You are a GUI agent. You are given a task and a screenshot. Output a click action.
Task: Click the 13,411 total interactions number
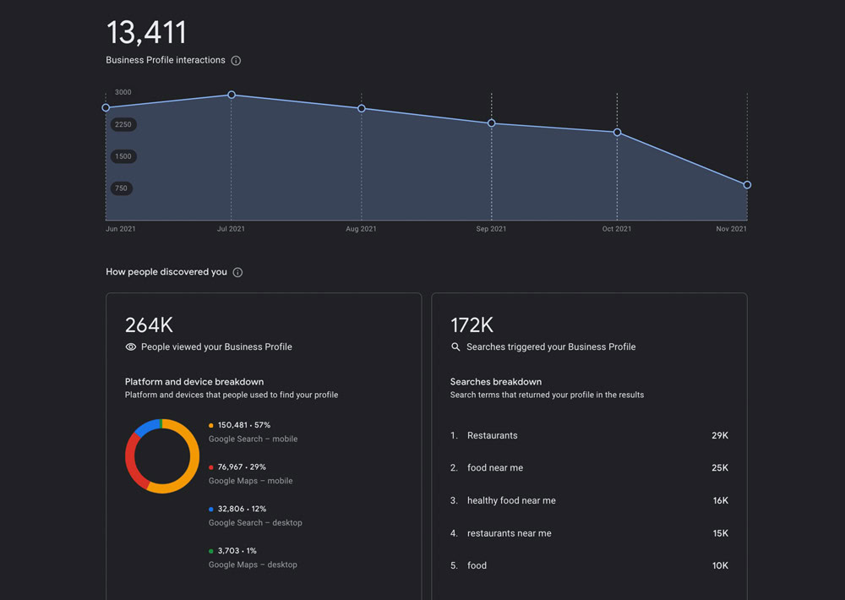point(146,33)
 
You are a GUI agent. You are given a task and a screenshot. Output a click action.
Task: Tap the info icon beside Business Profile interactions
point(236,61)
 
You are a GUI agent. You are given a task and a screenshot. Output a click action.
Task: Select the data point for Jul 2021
point(232,95)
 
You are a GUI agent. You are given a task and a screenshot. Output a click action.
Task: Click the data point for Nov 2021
point(747,185)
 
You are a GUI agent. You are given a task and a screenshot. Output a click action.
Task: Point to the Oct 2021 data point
point(617,133)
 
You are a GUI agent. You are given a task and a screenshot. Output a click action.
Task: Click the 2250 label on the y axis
point(123,124)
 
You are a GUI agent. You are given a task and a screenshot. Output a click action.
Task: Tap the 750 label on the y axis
point(122,188)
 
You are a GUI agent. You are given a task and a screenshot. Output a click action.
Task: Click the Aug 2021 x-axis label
point(361,229)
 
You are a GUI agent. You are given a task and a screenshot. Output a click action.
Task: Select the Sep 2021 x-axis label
point(491,229)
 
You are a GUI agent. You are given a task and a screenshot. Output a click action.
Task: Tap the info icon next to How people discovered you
point(237,272)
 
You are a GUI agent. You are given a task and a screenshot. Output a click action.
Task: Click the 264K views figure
point(149,325)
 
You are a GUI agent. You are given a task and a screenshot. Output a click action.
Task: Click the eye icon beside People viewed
point(131,346)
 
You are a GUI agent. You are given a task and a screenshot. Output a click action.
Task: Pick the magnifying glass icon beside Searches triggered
point(456,346)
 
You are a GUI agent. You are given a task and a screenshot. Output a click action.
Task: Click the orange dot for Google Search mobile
point(211,425)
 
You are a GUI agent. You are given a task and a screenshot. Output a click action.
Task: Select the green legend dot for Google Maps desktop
point(211,551)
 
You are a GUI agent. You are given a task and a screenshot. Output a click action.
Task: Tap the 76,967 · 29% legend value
point(242,466)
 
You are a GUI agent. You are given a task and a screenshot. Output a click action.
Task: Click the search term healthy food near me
point(511,500)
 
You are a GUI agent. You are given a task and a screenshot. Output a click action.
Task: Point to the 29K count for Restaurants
point(719,435)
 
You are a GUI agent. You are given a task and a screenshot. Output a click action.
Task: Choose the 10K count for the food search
point(719,565)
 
